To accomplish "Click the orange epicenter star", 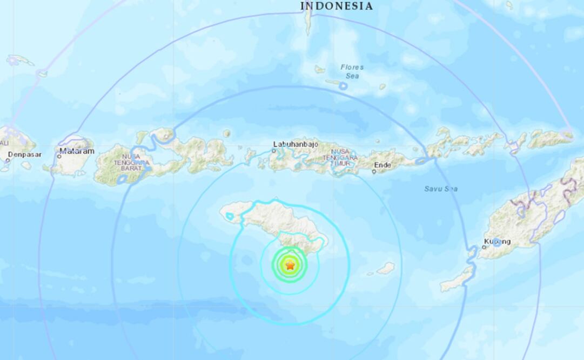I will [x=290, y=265].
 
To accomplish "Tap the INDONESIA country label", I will [x=337, y=6].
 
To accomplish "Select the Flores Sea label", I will [x=352, y=71].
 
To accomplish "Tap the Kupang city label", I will [x=498, y=241].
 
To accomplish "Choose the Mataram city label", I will [x=77, y=151].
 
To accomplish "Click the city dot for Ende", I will [x=374, y=172].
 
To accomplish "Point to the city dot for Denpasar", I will [x=8, y=160].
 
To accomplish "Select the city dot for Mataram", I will [x=59, y=156].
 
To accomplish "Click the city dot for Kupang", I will [x=484, y=247].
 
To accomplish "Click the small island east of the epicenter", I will [x=385, y=268].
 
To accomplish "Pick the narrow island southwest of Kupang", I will [x=457, y=279].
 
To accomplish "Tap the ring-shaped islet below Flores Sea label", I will [x=343, y=85].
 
